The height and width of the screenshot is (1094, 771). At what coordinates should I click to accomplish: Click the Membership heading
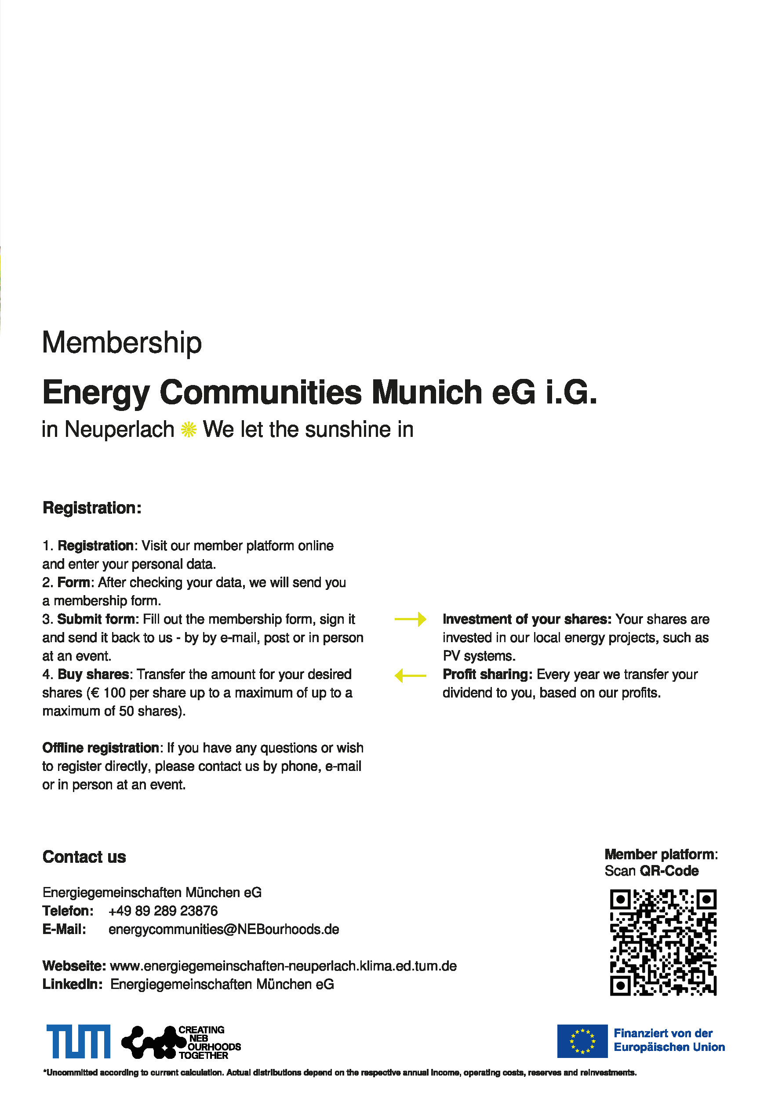click(122, 342)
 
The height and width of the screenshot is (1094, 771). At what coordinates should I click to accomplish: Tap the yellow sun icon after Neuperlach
click(189, 430)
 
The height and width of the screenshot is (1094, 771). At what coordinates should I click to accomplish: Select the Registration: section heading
click(92, 508)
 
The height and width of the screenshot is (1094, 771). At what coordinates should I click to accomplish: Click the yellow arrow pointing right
click(410, 619)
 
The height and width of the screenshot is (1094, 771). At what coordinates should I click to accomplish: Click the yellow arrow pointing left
click(410, 675)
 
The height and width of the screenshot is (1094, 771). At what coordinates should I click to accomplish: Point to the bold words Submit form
click(96, 619)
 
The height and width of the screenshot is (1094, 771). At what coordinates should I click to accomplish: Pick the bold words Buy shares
click(93, 675)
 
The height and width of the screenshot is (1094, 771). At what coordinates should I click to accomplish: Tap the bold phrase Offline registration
click(101, 748)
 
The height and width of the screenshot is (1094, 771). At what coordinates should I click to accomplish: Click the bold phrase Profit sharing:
click(487, 675)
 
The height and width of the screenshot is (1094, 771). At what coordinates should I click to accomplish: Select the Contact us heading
click(84, 857)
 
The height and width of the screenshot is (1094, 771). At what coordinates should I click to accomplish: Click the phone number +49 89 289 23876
click(163, 911)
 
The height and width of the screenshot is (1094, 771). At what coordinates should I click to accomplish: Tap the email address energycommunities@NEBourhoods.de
click(223, 930)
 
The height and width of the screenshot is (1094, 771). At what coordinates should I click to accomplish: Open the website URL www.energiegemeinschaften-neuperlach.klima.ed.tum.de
click(283, 966)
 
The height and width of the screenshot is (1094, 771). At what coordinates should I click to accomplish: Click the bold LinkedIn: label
click(72, 985)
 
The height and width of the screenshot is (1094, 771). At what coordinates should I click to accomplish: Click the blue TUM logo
click(79, 1041)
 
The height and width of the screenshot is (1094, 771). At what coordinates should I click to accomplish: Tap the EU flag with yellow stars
click(582, 1041)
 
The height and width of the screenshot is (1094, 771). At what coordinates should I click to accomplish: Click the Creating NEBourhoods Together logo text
click(209, 1042)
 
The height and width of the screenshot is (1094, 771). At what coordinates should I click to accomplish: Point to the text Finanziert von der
click(663, 1033)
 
